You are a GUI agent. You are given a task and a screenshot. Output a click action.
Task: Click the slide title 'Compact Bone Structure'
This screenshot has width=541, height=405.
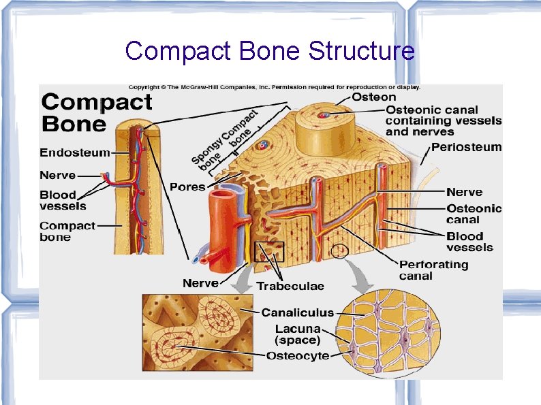click(270, 51)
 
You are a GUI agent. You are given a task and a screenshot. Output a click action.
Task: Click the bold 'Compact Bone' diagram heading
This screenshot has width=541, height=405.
click(97, 113)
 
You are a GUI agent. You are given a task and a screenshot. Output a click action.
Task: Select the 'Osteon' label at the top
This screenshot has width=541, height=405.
click(374, 97)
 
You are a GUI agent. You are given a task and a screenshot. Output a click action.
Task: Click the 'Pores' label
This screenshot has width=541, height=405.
click(187, 187)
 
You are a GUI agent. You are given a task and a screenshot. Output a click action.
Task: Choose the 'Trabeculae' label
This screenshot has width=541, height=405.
click(290, 286)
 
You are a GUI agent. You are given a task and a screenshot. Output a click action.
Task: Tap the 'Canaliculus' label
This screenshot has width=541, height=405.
click(298, 313)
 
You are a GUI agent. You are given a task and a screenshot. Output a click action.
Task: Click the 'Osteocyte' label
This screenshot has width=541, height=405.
click(298, 355)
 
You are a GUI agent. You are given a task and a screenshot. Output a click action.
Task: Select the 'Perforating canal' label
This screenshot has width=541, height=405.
click(433, 270)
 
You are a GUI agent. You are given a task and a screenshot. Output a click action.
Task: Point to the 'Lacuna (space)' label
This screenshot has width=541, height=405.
click(298, 334)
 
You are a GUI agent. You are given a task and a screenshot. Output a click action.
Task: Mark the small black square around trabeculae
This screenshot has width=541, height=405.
click(268, 252)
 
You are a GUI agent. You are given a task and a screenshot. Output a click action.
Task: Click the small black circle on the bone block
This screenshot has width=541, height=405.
click(340, 252)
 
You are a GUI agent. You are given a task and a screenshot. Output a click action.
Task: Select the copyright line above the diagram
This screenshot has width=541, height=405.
click(275, 87)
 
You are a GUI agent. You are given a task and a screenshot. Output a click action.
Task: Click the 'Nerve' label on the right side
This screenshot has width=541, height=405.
click(464, 193)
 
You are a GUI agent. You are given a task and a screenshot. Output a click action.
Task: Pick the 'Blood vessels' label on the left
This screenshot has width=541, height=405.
click(63, 200)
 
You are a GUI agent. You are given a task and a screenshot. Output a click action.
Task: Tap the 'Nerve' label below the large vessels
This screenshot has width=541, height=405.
click(200, 282)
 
